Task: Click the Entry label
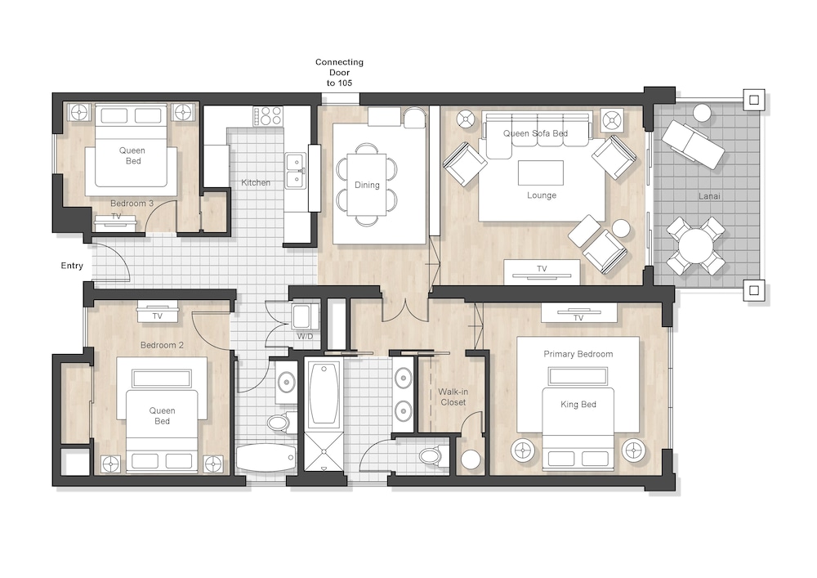coord(72,266)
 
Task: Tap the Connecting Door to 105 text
coord(339,73)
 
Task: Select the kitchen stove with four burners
coord(268,116)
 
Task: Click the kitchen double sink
coord(296,170)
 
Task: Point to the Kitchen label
coord(256,183)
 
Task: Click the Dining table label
coord(367,185)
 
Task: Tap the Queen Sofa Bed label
coord(535,133)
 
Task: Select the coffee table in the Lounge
coord(540,173)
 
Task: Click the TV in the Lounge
coord(542,271)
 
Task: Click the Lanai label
coord(709,196)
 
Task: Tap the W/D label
coord(306,337)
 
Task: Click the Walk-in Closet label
coord(453,397)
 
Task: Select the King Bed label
coord(578,405)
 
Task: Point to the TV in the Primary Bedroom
coord(578,313)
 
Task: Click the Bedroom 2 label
coord(162,345)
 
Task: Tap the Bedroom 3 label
coord(132,204)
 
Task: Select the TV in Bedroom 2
coord(158,312)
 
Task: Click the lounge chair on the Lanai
coord(693,144)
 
